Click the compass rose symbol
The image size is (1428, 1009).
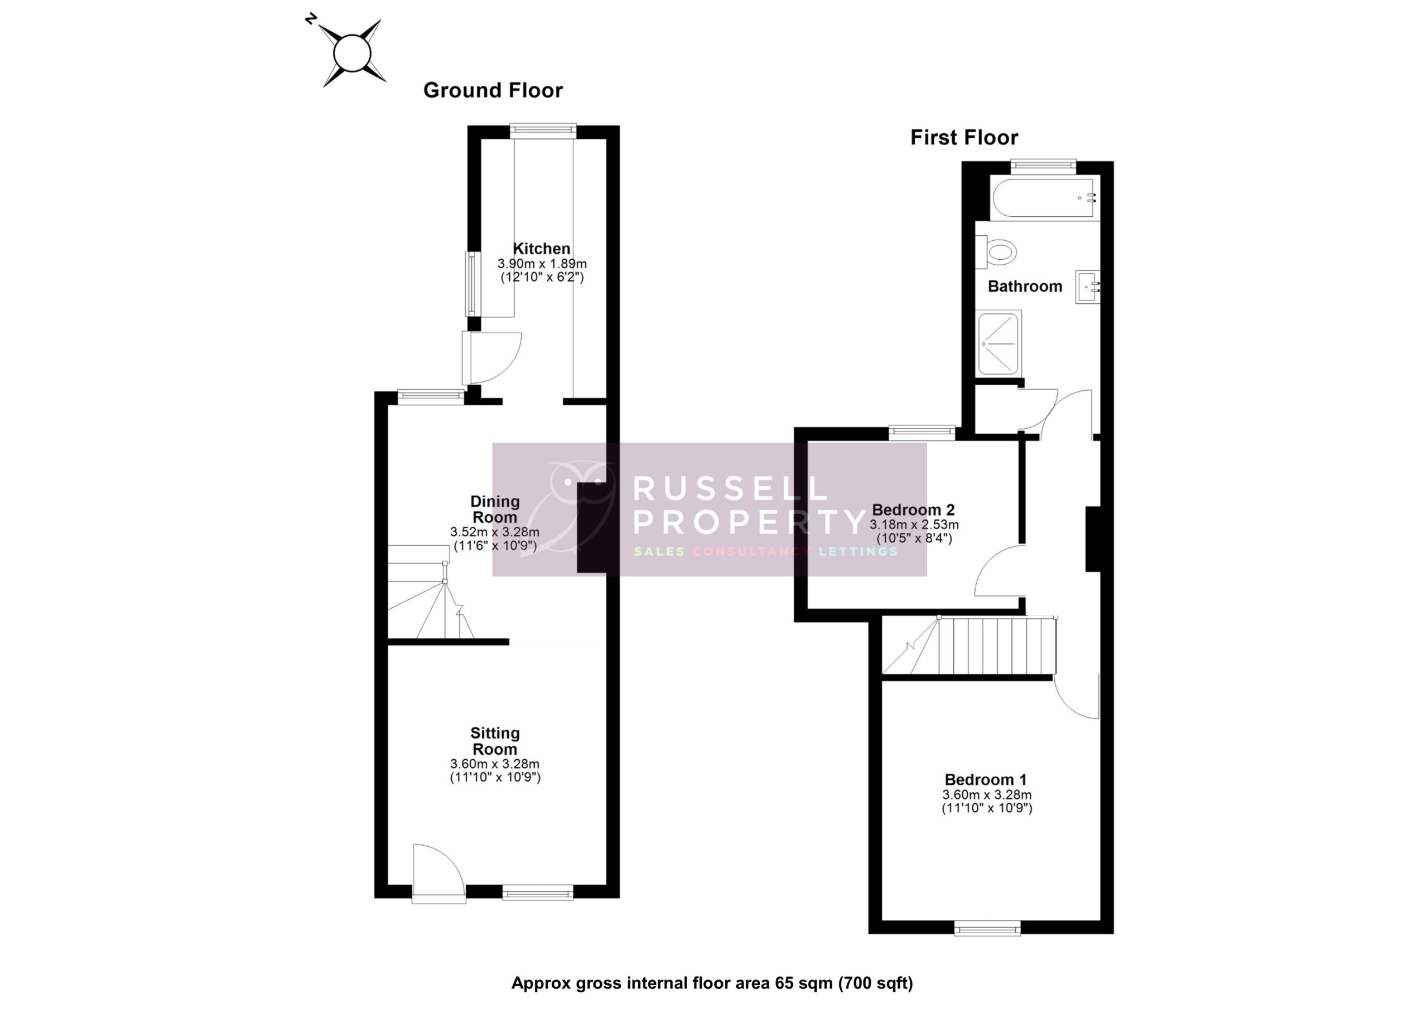352,54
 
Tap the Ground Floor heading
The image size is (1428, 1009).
493,91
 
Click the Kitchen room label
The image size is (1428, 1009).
541,249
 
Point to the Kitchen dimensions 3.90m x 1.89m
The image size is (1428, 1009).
542,264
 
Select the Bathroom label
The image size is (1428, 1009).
1024,287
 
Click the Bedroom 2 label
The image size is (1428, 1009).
913,510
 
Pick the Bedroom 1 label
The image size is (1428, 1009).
985,779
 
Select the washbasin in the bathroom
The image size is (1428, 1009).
1087,287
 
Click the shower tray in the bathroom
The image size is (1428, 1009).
998,344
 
